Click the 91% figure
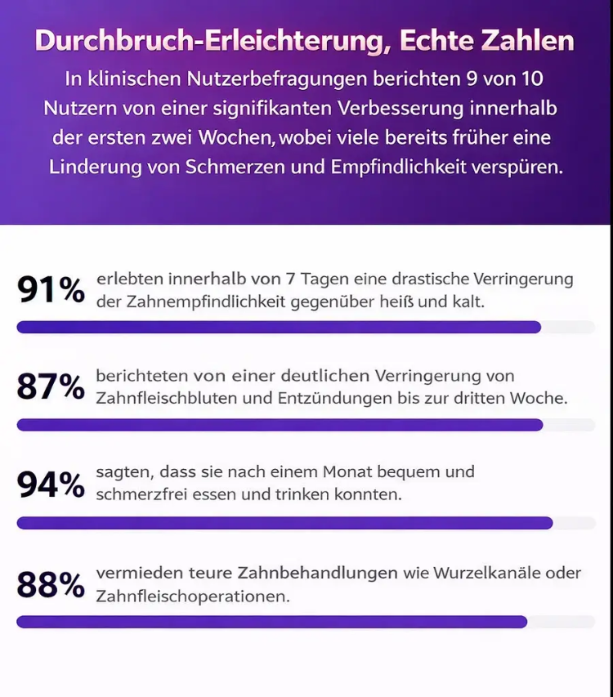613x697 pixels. click(51, 289)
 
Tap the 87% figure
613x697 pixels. click(51, 386)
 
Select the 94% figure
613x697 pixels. click(51, 485)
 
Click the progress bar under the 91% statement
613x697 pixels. click(279, 328)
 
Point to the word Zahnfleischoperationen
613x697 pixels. click(193, 596)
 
